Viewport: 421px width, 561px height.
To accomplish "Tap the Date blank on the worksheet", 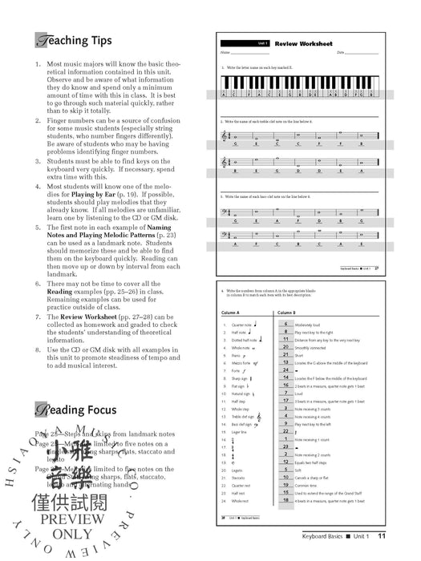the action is click(366, 53).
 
